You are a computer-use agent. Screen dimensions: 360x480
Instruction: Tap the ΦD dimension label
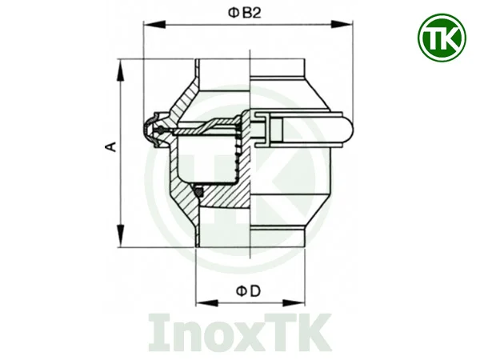coord(249,292)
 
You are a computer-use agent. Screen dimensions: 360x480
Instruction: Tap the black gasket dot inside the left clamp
coord(161,130)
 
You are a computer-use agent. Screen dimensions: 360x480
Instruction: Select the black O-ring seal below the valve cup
coord(200,190)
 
